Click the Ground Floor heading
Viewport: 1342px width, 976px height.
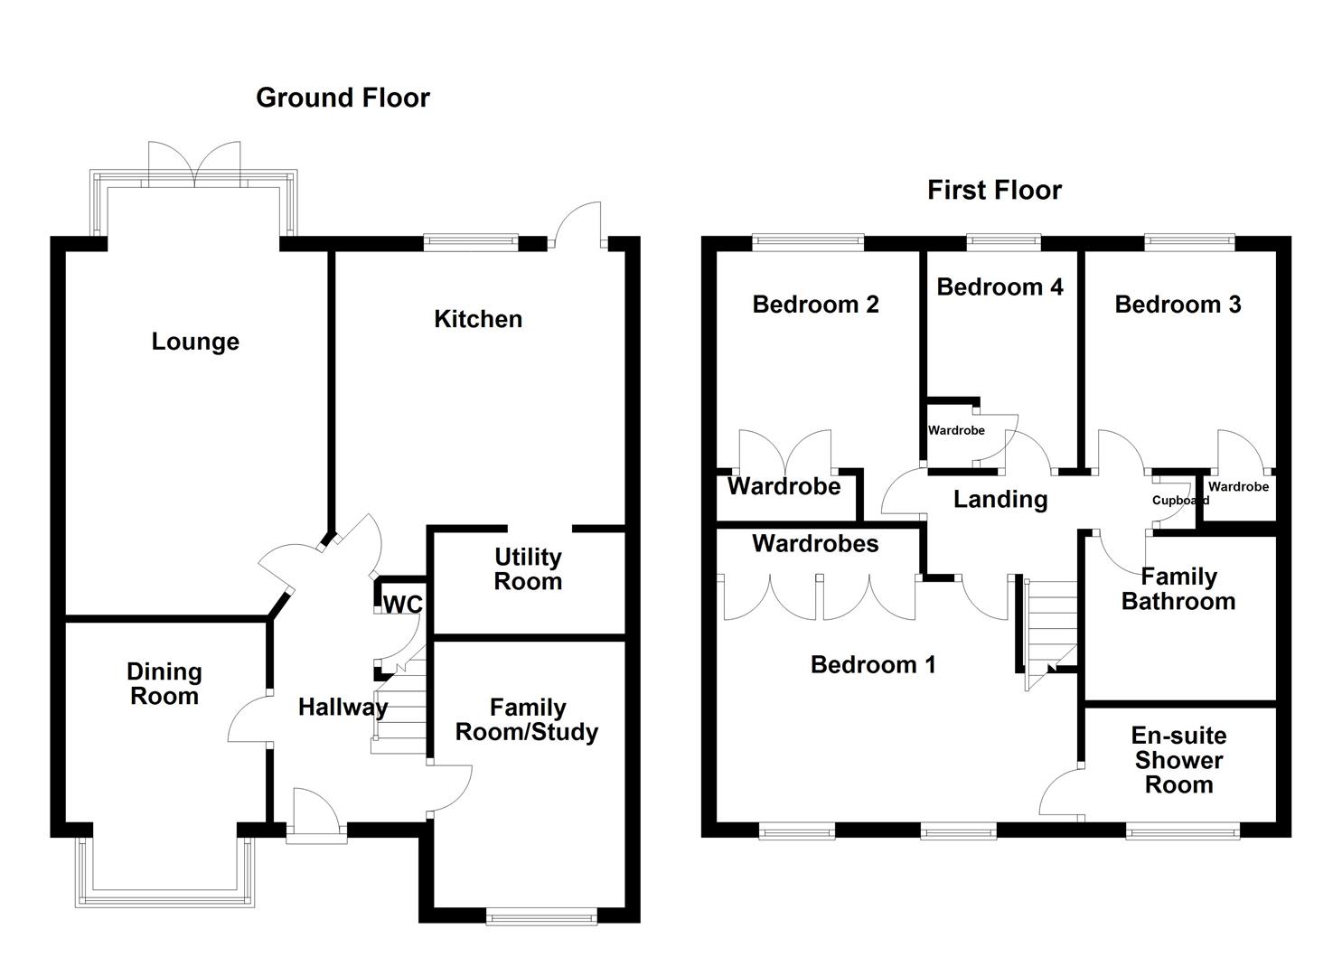(x=343, y=98)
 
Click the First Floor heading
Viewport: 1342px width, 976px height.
(x=994, y=190)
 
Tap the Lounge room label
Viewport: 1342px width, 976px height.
(x=195, y=342)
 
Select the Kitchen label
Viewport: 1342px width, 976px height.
(x=478, y=319)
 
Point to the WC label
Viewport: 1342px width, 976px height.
(x=402, y=604)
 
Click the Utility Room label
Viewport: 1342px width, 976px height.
(x=528, y=569)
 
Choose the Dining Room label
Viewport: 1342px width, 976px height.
(x=164, y=684)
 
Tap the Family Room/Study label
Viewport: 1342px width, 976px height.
(x=527, y=719)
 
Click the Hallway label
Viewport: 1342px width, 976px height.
(x=343, y=707)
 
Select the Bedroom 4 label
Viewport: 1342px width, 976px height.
(x=999, y=287)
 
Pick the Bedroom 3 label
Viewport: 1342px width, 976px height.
(x=1178, y=305)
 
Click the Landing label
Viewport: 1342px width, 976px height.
(x=1000, y=500)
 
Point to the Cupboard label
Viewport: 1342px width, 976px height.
(x=1179, y=501)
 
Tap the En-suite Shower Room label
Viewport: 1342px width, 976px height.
(x=1178, y=760)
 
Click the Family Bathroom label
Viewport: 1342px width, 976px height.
(x=1178, y=589)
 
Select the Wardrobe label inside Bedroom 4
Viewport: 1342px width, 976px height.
(x=956, y=430)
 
